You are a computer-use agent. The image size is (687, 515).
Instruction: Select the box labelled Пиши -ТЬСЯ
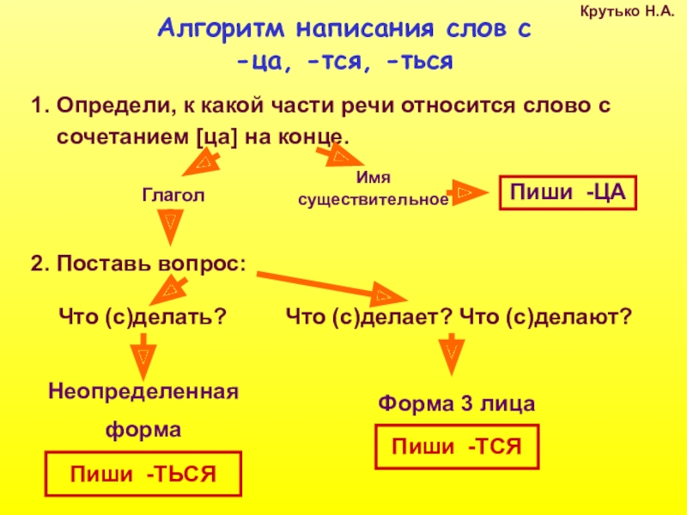pyautogui.click(x=143, y=474)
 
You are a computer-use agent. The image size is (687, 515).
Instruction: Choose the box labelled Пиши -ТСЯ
pyautogui.click(x=458, y=447)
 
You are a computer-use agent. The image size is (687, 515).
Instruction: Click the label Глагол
pyautogui.click(x=173, y=197)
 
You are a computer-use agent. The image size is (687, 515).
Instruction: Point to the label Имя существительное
pyautogui.click(x=373, y=190)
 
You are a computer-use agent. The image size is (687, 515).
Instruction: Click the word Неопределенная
pyautogui.click(x=143, y=392)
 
